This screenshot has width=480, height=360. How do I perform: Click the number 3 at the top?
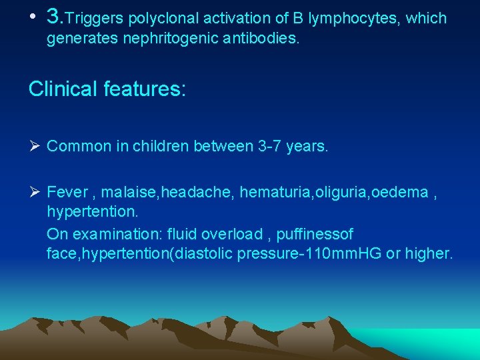(54, 17)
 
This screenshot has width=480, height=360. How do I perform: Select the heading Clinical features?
(107, 89)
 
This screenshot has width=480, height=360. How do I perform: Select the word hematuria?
(270, 193)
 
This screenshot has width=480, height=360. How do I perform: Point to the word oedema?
(399, 193)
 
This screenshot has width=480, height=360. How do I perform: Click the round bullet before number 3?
(33, 19)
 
